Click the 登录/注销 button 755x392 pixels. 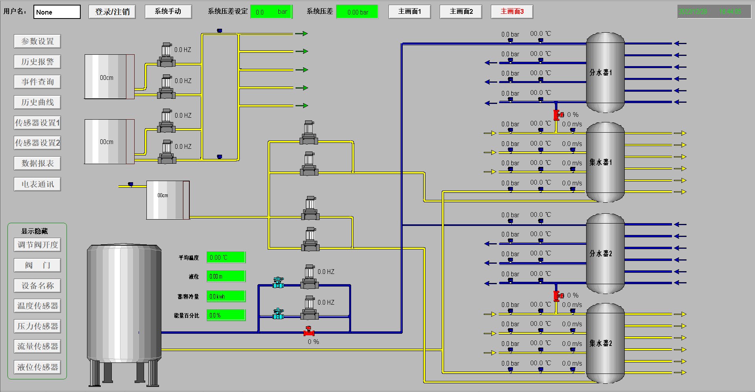pyautogui.click(x=112, y=12)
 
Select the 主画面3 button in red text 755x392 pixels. pyautogui.click(x=512, y=12)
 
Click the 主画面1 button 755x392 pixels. pyautogui.click(x=409, y=12)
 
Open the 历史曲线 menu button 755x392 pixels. pyautogui.click(x=37, y=102)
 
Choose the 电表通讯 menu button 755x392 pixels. pyautogui.click(x=37, y=184)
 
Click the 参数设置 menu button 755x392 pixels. pyautogui.click(x=37, y=41)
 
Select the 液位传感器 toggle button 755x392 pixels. pyautogui.click(x=37, y=367)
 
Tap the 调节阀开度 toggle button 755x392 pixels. pyautogui.click(x=37, y=245)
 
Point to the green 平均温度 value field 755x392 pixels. pyautogui.click(x=226, y=257)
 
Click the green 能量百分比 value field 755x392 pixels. pyautogui.click(x=226, y=315)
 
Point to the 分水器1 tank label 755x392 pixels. pyautogui.click(x=601, y=72)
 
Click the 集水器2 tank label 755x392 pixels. pyautogui.click(x=601, y=343)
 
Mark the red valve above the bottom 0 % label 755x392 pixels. pyautogui.click(x=309, y=332)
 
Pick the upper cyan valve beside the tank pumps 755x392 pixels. pyautogui.click(x=278, y=282)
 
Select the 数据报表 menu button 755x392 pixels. pyautogui.click(x=37, y=163)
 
